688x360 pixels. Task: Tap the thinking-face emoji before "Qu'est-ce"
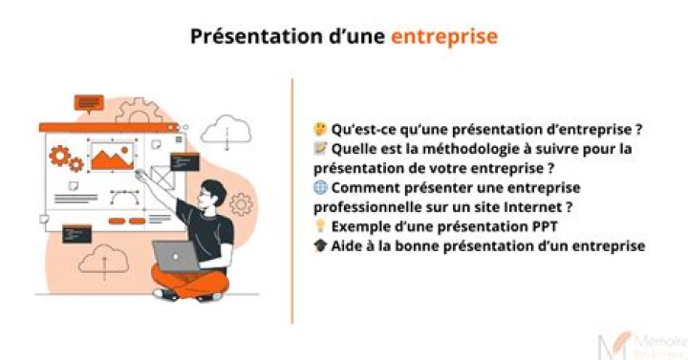(320, 128)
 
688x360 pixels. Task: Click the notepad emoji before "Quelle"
(320, 148)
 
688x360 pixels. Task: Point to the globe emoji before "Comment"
(320, 187)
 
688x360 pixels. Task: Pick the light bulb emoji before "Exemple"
(320, 226)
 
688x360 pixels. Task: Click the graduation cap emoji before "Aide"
(320, 245)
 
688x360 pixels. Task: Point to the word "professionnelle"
(368, 206)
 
